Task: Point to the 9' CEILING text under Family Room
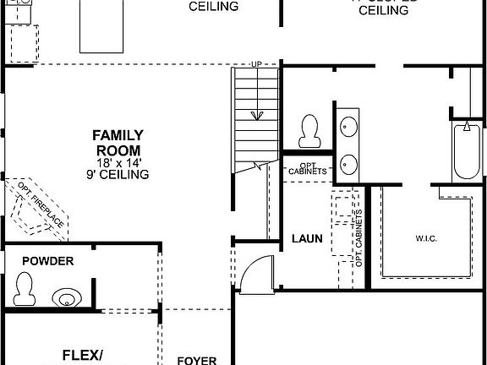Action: (118, 175)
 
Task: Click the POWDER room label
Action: (47, 262)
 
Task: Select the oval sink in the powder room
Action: (67, 297)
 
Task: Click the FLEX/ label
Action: (83, 356)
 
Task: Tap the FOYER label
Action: (196, 359)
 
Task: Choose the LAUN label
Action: (306, 239)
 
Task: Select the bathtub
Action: (467, 152)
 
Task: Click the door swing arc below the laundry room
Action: (253, 275)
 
